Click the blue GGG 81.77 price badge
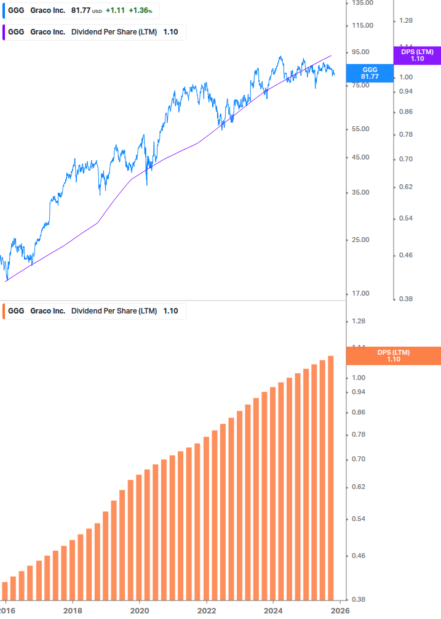(x=370, y=73)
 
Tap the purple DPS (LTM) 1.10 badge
(x=417, y=55)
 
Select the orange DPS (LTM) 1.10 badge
(x=394, y=356)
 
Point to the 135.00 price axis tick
(x=362, y=3)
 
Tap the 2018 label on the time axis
(x=73, y=610)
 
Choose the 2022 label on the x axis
(x=206, y=610)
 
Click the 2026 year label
(x=340, y=610)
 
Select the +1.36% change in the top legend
(x=140, y=10)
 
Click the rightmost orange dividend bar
(x=330, y=477)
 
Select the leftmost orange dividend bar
(x=5, y=590)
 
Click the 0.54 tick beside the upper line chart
(x=405, y=218)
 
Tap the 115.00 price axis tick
(x=362, y=25)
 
